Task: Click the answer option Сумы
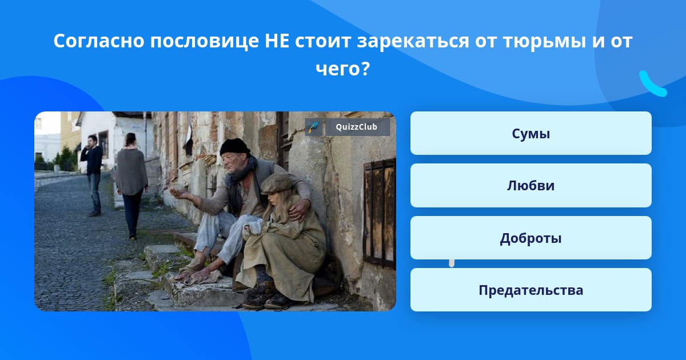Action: click(531, 133)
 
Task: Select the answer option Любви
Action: click(531, 186)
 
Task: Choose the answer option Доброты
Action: click(531, 238)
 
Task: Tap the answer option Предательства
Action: click(531, 290)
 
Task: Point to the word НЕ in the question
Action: click(277, 41)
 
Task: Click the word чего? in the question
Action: click(343, 69)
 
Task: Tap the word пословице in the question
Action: click(204, 41)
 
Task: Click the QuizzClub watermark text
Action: click(357, 127)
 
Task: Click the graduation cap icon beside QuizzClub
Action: click(314, 127)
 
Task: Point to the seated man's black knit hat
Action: click(234, 147)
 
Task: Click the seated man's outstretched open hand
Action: click(181, 193)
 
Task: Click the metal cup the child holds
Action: click(253, 229)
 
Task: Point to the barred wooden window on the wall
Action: click(379, 213)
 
